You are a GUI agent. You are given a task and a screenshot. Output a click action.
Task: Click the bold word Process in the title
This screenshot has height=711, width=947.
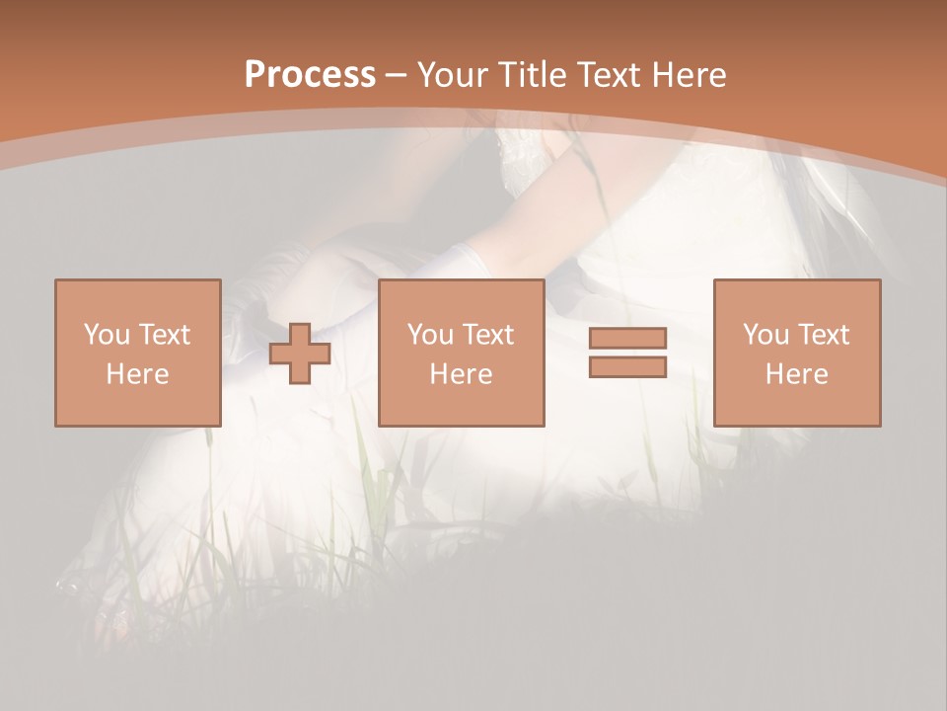point(310,75)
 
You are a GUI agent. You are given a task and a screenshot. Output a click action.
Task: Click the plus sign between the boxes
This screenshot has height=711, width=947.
point(300,354)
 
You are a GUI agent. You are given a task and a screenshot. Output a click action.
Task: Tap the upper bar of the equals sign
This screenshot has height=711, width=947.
point(627,339)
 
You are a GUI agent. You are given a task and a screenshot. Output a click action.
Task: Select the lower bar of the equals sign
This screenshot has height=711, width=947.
point(627,366)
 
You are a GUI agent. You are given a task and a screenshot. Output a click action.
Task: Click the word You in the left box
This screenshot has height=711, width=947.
point(106,335)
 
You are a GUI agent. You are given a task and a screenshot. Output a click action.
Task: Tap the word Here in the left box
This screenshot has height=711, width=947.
point(137,374)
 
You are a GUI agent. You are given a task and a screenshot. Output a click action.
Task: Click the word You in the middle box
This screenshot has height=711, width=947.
point(430,335)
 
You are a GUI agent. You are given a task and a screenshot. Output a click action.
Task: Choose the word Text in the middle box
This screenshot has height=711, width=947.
point(487,335)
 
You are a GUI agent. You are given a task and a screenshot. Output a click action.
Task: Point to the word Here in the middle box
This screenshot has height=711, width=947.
point(461,374)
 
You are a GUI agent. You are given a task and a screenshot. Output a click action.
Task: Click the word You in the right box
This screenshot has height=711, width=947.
point(765,335)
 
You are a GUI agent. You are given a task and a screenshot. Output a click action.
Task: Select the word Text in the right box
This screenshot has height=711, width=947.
point(823,335)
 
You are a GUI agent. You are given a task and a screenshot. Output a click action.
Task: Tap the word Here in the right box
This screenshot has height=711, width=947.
point(796,374)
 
